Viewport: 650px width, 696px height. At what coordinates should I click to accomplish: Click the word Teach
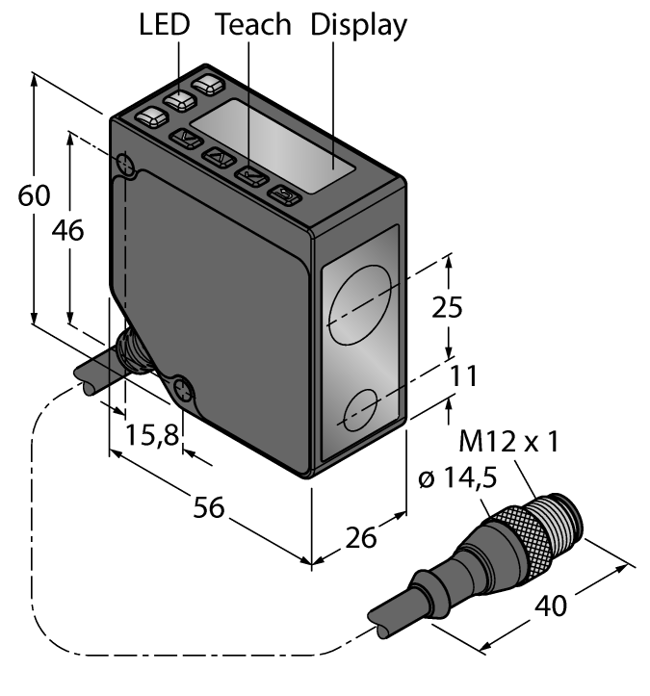(x=253, y=25)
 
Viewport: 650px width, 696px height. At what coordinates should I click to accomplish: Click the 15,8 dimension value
(x=151, y=436)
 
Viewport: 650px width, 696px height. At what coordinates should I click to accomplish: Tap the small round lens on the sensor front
(x=359, y=412)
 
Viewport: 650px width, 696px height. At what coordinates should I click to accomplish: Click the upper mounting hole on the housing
(x=124, y=166)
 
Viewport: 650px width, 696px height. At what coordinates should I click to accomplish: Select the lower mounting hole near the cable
(x=182, y=391)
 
